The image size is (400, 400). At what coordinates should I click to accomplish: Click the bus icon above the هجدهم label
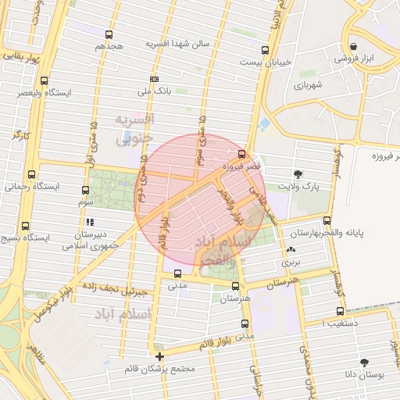109,34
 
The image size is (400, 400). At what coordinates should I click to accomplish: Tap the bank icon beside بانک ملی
155,79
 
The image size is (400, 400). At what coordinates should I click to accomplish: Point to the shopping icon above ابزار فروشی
355,45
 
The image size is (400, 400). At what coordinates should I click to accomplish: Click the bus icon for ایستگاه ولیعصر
44,80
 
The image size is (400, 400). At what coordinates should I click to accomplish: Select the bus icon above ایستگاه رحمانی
31,174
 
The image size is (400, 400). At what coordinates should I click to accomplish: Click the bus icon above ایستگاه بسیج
27,223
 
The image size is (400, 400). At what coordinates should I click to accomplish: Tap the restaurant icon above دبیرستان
90,222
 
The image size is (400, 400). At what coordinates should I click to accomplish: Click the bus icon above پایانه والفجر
327,220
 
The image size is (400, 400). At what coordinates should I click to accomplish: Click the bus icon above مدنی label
178,273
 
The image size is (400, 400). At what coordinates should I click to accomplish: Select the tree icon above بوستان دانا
364,362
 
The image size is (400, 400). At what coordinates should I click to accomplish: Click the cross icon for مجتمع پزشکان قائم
160,356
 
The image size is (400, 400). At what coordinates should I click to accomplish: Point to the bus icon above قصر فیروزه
242,154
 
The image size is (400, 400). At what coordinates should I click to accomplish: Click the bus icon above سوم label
85,189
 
